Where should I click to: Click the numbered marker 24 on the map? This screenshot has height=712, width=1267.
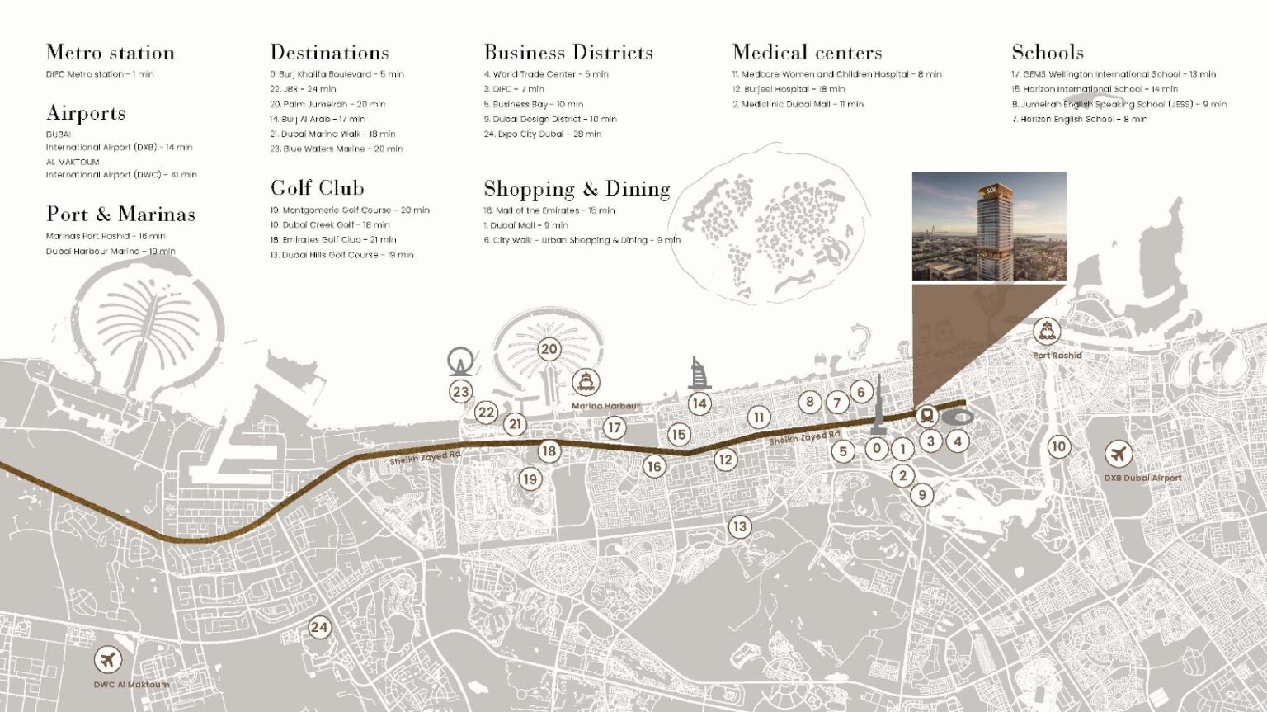coord(319,628)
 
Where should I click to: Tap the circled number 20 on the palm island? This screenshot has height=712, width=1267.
coord(549,349)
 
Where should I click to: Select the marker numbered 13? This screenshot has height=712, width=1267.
coord(739,526)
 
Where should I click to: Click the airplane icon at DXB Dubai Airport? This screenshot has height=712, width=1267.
coord(1119,455)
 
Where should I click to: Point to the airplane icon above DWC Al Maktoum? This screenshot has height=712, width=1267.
coord(107,660)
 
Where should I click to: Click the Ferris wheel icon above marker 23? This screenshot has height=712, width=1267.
coord(460,361)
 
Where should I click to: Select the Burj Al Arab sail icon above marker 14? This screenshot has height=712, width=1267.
coord(699,375)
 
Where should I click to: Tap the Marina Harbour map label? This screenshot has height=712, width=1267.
coord(605,407)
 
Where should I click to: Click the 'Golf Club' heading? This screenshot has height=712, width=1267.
coord(317,188)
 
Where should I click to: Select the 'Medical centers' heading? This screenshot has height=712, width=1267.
coord(807,53)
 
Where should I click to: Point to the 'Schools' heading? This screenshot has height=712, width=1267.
coord(1047,53)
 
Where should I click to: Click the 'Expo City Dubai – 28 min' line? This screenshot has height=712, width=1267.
coord(542,134)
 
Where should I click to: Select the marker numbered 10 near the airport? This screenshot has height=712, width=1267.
coord(1058,446)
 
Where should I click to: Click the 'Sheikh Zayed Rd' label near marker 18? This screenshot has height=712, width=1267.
coord(425,458)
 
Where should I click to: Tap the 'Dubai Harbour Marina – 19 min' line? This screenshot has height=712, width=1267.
coord(111,252)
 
